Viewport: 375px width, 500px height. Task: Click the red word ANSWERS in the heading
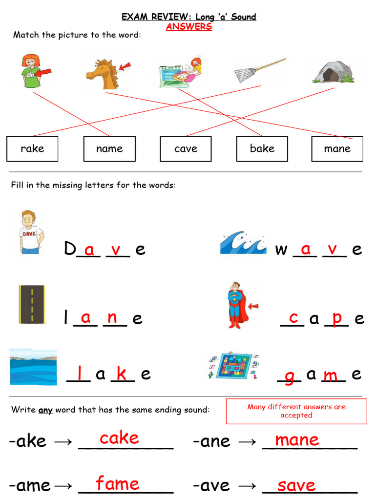pyautogui.click(x=188, y=27)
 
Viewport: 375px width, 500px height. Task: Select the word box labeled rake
pyautogui.click(x=32, y=148)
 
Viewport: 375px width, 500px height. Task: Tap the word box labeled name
pyautogui.click(x=109, y=148)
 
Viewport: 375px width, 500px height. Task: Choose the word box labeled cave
pyautogui.click(x=186, y=148)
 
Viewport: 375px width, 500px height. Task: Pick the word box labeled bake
pyautogui.click(x=262, y=148)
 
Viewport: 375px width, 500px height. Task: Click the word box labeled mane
pyautogui.click(x=337, y=148)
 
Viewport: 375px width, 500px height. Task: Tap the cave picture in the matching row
pyautogui.click(x=333, y=72)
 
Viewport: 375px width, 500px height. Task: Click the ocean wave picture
pyautogui.click(x=243, y=243)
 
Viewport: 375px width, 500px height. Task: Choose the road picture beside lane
pyautogui.click(x=32, y=304)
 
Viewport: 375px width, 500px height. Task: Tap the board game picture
pyautogui.click(x=233, y=366)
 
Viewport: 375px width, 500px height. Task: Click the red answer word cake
pyautogui.click(x=119, y=438)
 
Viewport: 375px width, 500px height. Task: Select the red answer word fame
pyautogui.click(x=118, y=484)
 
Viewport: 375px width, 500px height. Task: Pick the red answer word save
pyautogui.click(x=296, y=485)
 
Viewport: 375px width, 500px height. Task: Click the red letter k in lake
pyautogui.click(x=122, y=374)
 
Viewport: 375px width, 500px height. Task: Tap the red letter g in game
pyautogui.click(x=289, y=377)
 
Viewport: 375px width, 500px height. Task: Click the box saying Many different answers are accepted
pyautogui.click(x=296, y=411)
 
